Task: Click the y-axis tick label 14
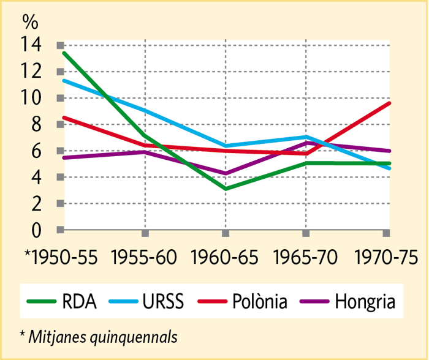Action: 31,45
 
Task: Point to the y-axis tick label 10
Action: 31,98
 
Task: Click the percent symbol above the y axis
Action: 30,21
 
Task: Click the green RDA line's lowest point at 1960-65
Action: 226,189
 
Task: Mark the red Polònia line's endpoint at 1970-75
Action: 389,103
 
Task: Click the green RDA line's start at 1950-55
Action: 63,53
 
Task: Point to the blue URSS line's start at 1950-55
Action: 63,80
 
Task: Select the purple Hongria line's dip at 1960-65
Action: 226,173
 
